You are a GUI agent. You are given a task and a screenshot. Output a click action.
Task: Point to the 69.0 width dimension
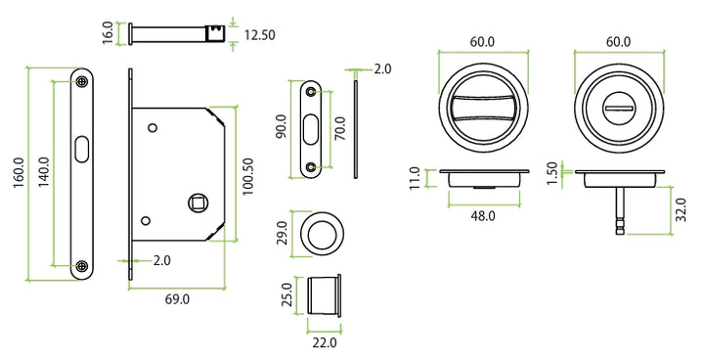177,298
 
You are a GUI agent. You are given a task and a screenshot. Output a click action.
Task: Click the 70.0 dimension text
339,128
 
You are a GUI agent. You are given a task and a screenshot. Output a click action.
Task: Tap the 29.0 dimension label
282,234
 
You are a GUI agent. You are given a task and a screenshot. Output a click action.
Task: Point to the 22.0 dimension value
324,342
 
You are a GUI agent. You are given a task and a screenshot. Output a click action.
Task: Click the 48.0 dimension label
484,215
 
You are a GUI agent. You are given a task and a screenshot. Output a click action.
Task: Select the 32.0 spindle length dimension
681,210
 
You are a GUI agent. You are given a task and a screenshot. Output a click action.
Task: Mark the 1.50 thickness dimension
553,173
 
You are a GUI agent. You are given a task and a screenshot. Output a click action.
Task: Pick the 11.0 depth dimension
416,176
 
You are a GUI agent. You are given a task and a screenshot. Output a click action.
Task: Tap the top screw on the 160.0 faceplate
84,82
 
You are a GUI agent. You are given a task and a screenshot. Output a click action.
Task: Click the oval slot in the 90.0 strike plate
311,129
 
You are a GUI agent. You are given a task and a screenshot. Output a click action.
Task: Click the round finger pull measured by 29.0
323,234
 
